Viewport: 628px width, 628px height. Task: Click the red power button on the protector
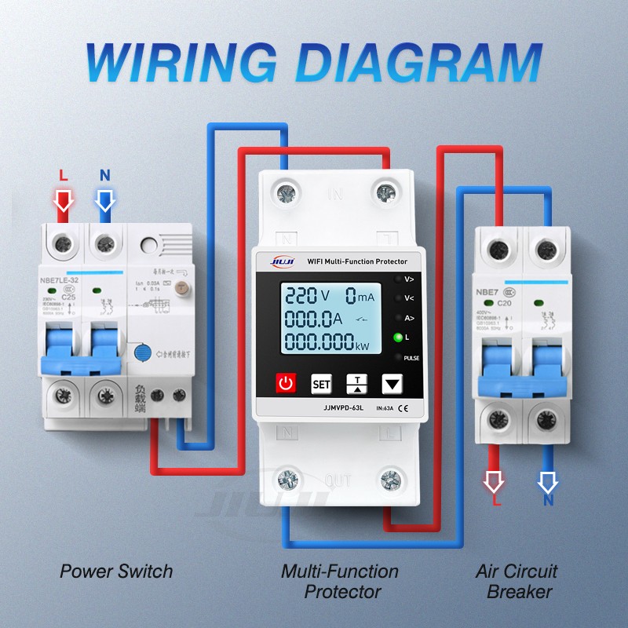coord(287,384)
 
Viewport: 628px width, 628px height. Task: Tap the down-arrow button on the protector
coord(392,384)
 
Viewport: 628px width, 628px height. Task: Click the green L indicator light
coord(398,337)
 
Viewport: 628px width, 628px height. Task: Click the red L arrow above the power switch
coord(64,200)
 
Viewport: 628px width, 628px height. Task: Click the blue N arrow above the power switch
coord(105,200)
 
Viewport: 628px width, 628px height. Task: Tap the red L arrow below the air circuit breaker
coord(494,480)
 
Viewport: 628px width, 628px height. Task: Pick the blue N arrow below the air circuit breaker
coord(548,480)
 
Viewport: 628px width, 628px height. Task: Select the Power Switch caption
coord(116,571)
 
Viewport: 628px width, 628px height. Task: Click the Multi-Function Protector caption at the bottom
coord(340,581)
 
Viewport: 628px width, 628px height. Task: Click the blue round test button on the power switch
coord(143,352)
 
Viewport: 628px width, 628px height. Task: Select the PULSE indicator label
coord(412,357)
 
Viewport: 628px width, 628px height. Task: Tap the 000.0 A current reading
coord(314,319)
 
